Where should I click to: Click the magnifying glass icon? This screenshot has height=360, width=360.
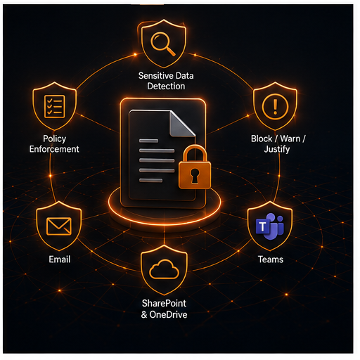[x=162, y=44]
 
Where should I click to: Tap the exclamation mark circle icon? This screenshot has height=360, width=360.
[x=275, y=106]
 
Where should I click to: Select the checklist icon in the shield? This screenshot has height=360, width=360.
[x=55, y=106]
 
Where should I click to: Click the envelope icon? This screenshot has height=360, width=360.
[x=59, y=226]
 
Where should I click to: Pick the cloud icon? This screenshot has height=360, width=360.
[x=164, y=269]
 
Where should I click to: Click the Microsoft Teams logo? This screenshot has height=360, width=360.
[x=270, y=226]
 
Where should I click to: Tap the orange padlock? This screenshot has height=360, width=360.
[x=195, y=167]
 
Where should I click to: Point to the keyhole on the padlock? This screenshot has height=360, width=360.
[x=195, y=176]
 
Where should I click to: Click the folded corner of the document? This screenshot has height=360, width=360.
[x=182, y=124]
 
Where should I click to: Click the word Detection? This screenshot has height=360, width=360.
[x=166, y=86]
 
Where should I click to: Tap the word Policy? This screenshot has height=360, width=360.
[x=55, y=139]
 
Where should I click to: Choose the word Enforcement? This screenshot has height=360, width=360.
[x=54, y=149]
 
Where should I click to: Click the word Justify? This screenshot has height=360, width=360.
[x=277, y=150]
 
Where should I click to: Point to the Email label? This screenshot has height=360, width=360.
[x=60, y=259]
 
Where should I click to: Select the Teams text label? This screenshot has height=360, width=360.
[x=271, y=259]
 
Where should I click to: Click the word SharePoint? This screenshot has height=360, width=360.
[x=164, y=303]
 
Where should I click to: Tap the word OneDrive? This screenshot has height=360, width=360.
[x=168, y=314]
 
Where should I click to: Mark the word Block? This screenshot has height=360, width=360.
[x=262, y=139]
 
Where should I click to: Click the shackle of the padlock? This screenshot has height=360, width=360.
[x=195, y=154]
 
